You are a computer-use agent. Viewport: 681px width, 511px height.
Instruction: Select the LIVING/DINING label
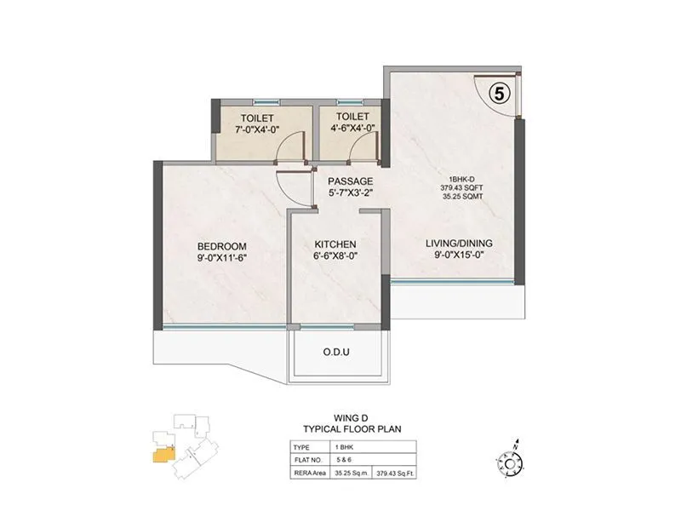pyautogui.click(x=459, y=243)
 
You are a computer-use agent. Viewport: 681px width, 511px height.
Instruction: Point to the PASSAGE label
pyautogui.click(x=351, y=181)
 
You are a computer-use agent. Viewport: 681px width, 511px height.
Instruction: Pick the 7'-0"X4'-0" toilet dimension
pyautogui.click(x=257, y=129)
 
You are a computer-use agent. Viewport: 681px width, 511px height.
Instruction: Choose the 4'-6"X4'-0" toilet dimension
pyautogui.click(x=352, y=129)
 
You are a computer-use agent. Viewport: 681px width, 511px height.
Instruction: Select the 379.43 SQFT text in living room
pyautogui.click(x=457, y=188)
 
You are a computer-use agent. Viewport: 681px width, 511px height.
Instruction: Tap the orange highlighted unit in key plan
pyautogui.click(x=161, y=454)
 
